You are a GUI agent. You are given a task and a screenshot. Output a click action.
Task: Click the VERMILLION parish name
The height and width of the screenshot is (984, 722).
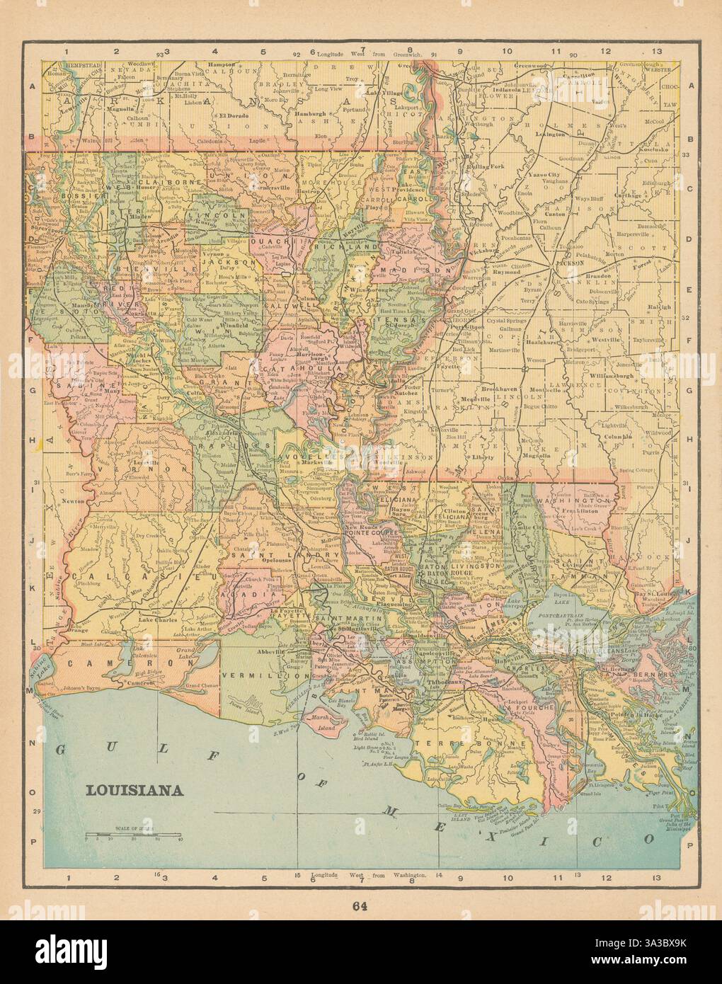(252, 676)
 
